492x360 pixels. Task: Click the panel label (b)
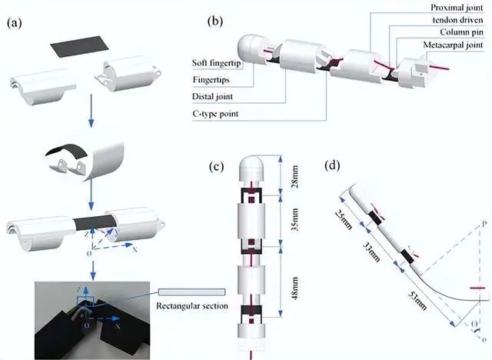(215, 21)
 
